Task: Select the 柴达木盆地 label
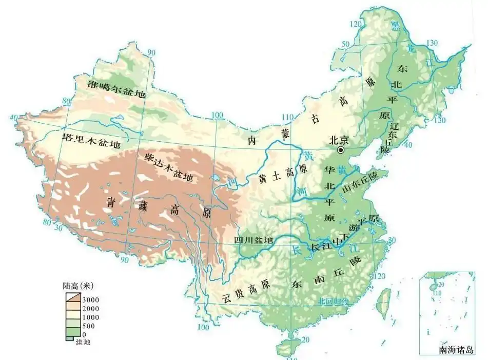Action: click(x=168, y=167)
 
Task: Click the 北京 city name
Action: click(x=338, y=139)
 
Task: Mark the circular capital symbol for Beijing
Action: click(x=341, y=150)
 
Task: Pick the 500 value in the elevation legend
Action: click(x=88, y=326)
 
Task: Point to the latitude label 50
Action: click(x=345, y=44)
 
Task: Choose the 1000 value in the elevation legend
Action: click(x=91, y=317)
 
